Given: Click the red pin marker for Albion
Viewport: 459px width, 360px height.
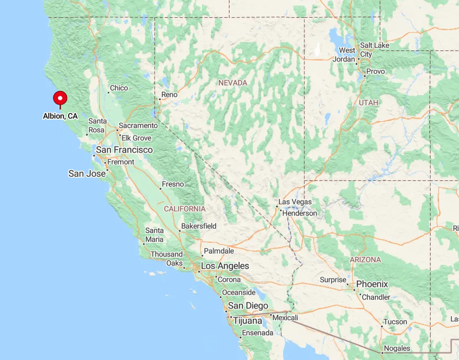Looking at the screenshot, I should pos(60,98).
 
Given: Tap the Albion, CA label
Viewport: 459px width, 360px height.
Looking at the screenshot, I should pos(60,116).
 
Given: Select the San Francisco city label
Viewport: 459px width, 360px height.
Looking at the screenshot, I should pos(124,150).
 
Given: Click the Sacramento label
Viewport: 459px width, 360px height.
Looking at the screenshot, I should pos(138,125).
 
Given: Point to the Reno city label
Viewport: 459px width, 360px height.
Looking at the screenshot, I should pos(169,95).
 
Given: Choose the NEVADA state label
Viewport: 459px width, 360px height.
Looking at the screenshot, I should pos(233,83).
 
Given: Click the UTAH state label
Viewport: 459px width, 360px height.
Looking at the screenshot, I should pos(368,103).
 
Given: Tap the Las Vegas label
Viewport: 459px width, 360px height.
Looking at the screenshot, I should pos(295,202).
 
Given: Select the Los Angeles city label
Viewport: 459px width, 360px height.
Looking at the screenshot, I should pos(225,266).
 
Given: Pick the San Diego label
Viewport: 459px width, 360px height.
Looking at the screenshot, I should pos(248,306).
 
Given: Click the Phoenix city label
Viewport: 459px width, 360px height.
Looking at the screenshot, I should pos(372,284).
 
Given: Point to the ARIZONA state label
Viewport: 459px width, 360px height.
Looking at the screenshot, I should pos(365,260).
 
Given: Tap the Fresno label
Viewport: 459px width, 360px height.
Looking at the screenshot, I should pos(173,184).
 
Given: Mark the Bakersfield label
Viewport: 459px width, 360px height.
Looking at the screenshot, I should pos(199,226).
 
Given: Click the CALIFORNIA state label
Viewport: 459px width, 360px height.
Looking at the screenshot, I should pos(185,209).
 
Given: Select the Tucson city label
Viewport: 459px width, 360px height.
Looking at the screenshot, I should pos(395,322).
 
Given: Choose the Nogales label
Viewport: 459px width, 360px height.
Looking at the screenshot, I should pos(397,348).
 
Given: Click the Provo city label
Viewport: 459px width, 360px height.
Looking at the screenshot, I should pos(376,72).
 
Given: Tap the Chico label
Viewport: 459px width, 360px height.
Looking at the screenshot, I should pos(119,88).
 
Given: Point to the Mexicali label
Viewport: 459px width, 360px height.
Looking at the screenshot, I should pos(285,318).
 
